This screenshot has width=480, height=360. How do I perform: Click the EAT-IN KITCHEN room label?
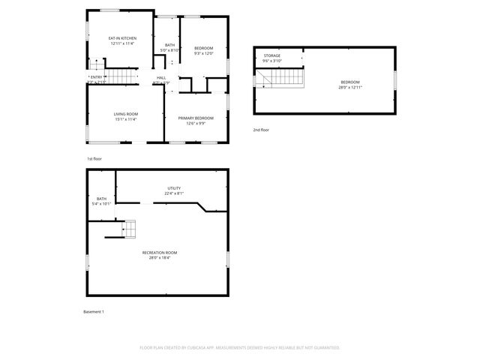[x=121, y=37]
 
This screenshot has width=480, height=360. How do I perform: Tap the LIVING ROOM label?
[x=125, y=114]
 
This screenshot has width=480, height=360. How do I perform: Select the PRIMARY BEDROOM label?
[x=196, y=118]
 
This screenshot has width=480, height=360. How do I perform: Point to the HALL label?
[x=161, y=77]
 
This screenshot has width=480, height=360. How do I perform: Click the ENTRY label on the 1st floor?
[x=96, y=77]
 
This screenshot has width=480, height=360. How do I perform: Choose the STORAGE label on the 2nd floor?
[x=271, y=56]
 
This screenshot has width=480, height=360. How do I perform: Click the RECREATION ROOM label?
[x=160, y=253]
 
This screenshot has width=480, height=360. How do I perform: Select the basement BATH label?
[x=101, y=199]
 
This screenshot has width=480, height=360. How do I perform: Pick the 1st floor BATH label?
[x=170, y=45]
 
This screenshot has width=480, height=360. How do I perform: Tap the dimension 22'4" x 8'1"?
[x=174, y=193]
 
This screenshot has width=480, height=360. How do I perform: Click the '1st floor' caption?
[x=94, y=159]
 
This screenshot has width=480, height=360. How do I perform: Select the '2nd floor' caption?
[x=260, y=130]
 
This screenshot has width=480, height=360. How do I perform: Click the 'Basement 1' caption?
[x=93, y=311]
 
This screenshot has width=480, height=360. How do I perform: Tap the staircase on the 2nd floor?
[x=285, y=77]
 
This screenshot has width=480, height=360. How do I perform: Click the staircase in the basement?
[x=129, y=228]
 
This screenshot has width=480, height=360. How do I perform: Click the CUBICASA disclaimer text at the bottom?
[x=240, y=347]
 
